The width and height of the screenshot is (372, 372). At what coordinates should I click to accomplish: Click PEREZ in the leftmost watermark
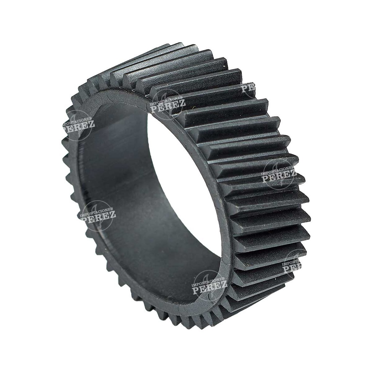[x=79, y=125]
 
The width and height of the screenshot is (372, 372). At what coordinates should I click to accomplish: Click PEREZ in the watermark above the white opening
[x=168, y=105]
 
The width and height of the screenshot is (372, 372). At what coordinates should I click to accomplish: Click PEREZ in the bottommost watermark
[x=210, y=288]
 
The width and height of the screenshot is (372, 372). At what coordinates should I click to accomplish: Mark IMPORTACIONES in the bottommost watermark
[x=210, y=280]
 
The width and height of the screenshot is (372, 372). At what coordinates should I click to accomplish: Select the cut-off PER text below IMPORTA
[x=292, y=268]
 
